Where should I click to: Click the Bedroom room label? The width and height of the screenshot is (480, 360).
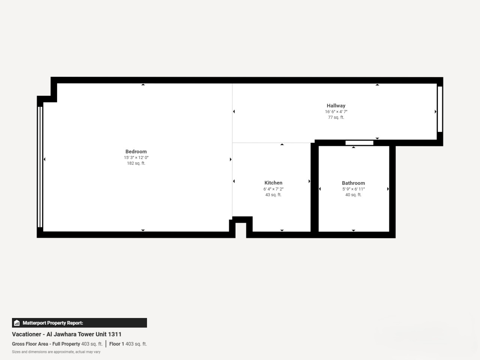[136, 151]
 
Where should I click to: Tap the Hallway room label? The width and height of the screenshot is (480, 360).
[336, 106]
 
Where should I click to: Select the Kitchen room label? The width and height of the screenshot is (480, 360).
[273, 183]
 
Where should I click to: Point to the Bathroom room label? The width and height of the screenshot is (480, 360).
[353, 183]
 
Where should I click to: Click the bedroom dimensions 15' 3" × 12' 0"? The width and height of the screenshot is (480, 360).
[136, 157]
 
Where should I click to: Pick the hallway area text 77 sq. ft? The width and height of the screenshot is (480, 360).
[336, 117]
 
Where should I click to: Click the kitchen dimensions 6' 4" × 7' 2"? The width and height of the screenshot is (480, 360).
[273, 189]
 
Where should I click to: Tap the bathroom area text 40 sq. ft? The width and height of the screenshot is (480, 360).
[353, 195]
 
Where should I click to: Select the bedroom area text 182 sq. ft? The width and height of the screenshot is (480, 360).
[136, 163]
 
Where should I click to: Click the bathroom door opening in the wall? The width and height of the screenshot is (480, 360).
[359, 143]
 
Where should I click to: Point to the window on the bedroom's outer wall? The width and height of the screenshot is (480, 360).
[40, 167]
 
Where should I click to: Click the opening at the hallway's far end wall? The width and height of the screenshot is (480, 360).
[440, 109]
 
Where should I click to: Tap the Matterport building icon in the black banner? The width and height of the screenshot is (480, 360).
[17, 323]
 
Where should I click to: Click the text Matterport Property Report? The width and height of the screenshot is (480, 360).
[53, 323]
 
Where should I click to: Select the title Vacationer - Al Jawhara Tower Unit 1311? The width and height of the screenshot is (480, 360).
[67, 334]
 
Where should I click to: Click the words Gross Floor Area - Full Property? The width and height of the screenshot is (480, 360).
[46, 344]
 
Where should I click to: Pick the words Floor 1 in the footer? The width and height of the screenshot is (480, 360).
[117, 344]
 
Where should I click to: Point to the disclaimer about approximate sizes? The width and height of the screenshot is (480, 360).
[56, 352]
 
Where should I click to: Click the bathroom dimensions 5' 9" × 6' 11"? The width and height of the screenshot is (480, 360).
[353, 189]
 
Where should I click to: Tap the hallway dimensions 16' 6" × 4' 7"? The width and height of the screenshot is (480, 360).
[336, 111]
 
